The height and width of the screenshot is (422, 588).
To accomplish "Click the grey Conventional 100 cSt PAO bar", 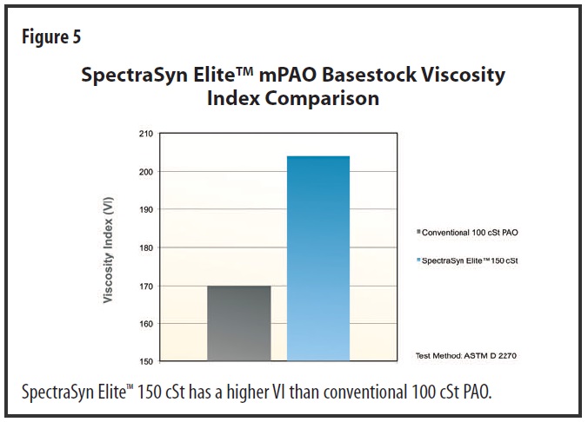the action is coord(239,324).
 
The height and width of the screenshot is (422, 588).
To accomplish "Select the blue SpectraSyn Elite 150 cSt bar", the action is coord(318,259).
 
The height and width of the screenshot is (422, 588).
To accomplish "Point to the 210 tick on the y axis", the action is coord(146,134).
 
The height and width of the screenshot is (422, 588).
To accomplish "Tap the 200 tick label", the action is coord(146,172).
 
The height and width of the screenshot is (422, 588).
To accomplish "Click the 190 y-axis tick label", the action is coord(146,209).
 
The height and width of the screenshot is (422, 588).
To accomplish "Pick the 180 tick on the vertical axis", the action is coord(146,247).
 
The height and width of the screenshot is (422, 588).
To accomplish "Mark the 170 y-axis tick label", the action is coord(146,287).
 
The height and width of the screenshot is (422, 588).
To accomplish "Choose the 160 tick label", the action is coord(146,324).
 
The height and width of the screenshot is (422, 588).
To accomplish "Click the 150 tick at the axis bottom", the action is coord(146,362).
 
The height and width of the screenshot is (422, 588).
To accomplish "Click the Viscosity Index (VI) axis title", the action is coord(108,250).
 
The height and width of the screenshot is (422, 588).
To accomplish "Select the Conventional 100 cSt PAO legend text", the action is coord(470,233).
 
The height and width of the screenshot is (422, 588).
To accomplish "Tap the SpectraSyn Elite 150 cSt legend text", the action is coord(470,260).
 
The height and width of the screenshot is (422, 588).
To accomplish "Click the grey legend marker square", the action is coord(418,231).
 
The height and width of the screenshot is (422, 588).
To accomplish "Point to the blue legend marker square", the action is coord(418,260).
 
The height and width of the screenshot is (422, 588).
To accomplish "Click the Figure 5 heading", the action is coord(51,37).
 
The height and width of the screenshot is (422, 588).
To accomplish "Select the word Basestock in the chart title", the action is coord(369,75).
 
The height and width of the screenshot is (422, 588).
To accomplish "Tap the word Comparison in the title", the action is coord(322,99).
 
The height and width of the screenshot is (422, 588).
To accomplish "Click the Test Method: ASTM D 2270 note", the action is coord(465,356).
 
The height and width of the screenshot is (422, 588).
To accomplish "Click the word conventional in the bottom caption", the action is coord(364,392).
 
